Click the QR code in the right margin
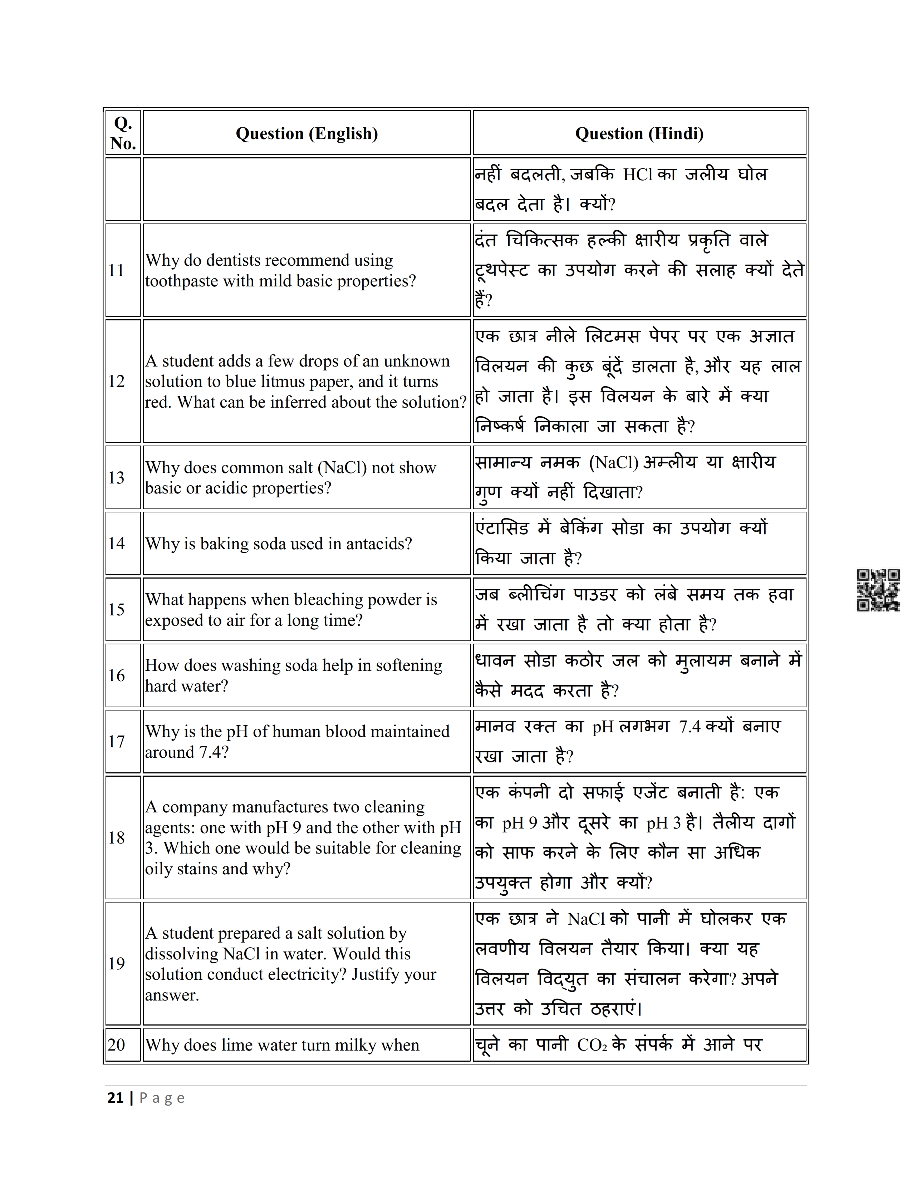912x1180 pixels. click(x=878, y=590)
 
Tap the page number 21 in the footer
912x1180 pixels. click(x=116, y=1098)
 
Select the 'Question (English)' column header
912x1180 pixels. click(x=307, y=133)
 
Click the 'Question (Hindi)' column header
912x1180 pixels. click(x=639, y=133)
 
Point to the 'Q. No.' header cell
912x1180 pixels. click(x=123, y=133)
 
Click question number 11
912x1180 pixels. click(x=116, y=270)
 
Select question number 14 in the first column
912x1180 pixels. click(x=116, y=544)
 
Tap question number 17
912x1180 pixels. click(x=116, y=741)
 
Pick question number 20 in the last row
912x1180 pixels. click(x=116, y=1045)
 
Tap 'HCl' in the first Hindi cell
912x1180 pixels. click(x=638, y=174)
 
